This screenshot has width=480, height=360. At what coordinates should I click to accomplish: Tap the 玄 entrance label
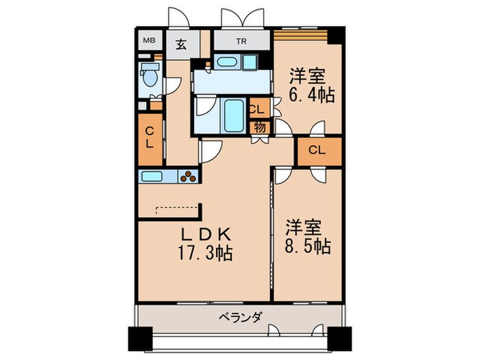181,44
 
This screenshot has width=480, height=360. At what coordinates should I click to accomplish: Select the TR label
241,40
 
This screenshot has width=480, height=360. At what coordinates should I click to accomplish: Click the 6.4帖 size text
313,95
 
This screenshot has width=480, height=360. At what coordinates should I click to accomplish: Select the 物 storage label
260,126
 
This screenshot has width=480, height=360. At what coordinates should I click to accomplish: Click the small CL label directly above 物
257,109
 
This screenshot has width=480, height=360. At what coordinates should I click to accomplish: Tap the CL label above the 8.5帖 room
317,150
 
